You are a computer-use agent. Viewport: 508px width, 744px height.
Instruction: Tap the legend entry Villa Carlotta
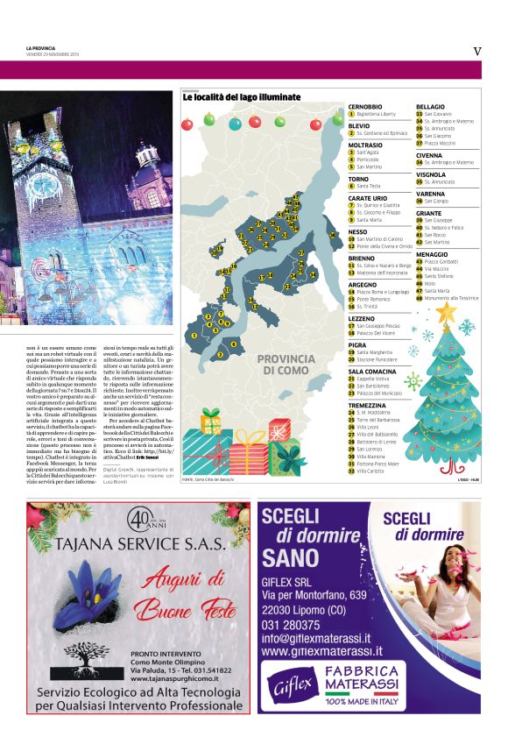coord(373,471)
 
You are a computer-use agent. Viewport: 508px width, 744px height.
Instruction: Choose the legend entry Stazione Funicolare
coord(377,359)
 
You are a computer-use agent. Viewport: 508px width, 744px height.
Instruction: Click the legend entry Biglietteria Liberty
coord(376,114)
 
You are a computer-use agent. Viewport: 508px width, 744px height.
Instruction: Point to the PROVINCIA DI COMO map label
coord(284,365)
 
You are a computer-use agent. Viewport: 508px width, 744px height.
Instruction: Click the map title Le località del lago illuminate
coord(241,97)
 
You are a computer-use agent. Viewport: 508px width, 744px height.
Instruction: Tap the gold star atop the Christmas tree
coord(447,311)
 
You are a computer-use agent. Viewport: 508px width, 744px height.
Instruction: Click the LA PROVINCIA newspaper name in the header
coord(40,48)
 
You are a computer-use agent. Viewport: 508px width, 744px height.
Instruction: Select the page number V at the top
coord(476,51)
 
